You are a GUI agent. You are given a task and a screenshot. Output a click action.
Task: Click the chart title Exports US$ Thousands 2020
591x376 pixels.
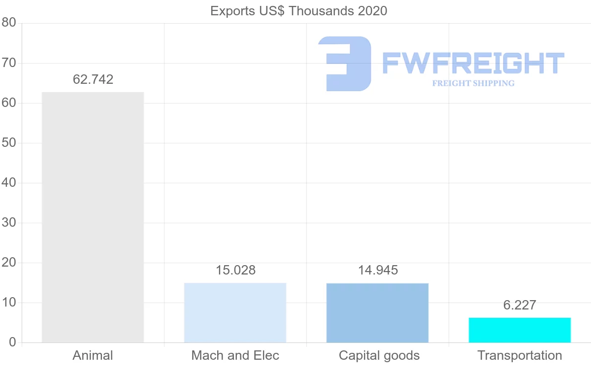click(298, 11)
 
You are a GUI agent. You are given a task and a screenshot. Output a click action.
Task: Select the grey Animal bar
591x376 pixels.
click(93, 217)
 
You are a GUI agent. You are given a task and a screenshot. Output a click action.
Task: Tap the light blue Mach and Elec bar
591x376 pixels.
click(235, 312)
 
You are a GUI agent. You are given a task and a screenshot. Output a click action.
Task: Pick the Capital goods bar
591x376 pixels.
click(377, 312)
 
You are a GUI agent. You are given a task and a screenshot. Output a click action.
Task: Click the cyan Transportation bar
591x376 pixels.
click(520, 330)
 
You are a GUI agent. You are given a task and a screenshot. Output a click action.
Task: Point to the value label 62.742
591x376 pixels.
click(93, 79)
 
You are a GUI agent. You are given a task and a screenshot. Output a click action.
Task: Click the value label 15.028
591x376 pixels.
click(235, 270)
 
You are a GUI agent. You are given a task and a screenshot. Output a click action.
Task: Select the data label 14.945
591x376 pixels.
click(378, 270)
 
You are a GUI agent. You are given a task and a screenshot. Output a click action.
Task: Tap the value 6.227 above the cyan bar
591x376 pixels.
click(520, 305)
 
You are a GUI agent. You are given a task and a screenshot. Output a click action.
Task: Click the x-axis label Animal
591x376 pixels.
click(93, 355)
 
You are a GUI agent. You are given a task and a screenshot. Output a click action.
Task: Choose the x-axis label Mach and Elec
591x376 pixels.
click(235, 355)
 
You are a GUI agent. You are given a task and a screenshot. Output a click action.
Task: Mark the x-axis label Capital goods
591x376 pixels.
click(379, 355)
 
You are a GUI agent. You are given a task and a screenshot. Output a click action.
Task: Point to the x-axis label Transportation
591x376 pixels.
click(520, 355)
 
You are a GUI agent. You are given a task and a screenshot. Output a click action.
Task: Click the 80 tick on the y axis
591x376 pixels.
click(9, 23)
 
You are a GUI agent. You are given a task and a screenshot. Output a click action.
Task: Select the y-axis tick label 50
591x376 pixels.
click(9, 143)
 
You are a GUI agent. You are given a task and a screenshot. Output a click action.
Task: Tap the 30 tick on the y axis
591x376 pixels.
click(9, 223)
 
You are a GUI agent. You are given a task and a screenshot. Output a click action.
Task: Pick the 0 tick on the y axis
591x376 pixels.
click(12, 342)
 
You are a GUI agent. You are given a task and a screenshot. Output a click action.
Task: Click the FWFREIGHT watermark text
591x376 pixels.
click(473, 63)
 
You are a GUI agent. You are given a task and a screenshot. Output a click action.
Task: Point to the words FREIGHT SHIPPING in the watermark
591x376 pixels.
click(473, 83)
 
